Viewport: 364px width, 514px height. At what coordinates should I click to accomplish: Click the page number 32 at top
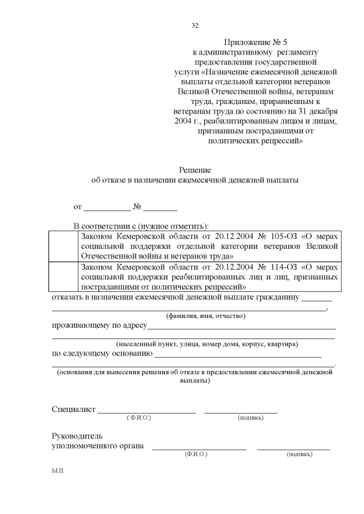click(195, 26)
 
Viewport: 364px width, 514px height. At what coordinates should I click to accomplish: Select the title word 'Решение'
click(195, 170)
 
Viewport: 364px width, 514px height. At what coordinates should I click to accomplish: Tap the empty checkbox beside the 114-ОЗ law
click(63, 276)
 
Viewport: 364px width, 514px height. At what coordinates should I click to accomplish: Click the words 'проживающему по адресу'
click(100, 326)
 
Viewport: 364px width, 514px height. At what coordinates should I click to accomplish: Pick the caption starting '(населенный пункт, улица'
click(207, 344)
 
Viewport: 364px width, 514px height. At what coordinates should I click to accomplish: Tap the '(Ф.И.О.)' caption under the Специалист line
click(139, 418)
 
